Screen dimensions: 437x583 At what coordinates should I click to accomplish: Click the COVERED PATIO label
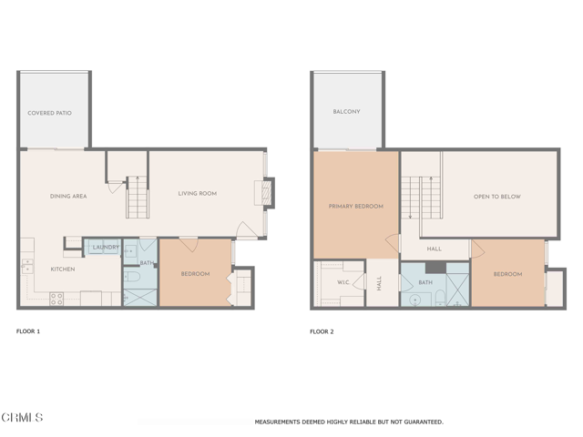tap(49, 113)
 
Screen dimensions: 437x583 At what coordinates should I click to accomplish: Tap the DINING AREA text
tap(67, 196)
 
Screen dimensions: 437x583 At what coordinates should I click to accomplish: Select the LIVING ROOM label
tap(197, 193)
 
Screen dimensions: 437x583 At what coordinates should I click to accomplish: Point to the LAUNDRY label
tap(106, 247)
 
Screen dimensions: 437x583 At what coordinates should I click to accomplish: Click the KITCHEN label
tap(62, 269)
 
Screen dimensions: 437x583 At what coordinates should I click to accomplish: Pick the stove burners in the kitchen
tap(56, 298)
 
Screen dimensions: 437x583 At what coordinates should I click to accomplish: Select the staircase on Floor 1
tap(137, 198)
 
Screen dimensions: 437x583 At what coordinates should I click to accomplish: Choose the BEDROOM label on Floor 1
tap(195, 274)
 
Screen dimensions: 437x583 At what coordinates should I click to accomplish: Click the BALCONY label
tap(346, 112)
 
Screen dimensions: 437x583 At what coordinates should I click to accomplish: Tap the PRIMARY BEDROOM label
tap(355, 207)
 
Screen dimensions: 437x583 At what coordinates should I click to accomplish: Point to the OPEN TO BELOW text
tap(496, 197)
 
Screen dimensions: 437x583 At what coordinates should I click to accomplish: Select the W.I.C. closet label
tap(343, 282)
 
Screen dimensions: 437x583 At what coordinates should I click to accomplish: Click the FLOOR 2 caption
tap(322, 331)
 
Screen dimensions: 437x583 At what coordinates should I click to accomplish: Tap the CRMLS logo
tap(22, 418)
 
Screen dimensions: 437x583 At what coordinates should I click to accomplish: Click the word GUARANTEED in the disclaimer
tap(420, 422)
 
